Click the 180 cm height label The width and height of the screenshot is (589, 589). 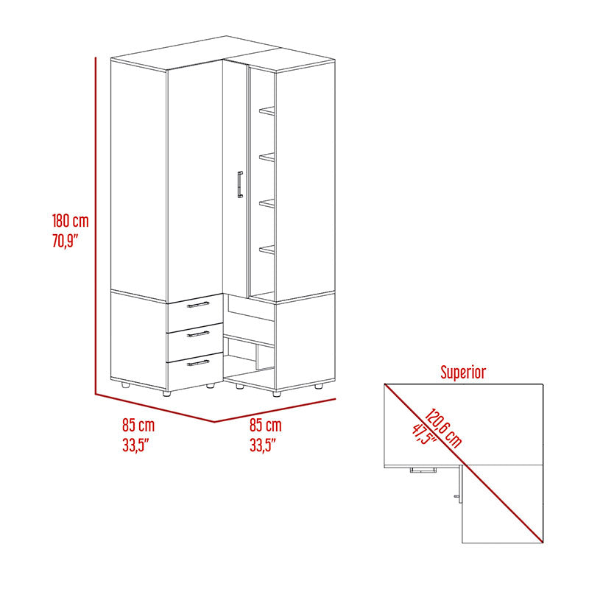pyautogui.click(x=70, y=221)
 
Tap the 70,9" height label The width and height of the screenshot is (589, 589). pyautogui.click(x=65, y=241)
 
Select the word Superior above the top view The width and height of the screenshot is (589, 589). pyautogui.click(x=463, y=373)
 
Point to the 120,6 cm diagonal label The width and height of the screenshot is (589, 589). pyautogui.click(x=443, y=428)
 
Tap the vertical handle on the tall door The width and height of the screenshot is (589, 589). pyautogui.click(x=240, y=185)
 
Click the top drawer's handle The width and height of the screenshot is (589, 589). pyautogui.click(x=198, y=304)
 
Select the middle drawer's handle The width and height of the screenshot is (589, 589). pyautogui.click(x=198, y=334)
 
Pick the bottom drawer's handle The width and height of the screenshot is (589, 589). pyautogui.click(x=198, y=363)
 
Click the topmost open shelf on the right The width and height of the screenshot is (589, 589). pyautogui.click(x=267, y=110)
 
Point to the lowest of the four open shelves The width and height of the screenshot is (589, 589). pyautogui.click(x=267, y=250)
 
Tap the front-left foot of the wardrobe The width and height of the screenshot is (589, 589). pyautogui.click(x=166, y=393)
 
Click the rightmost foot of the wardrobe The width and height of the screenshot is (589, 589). pyautogui.click(x=319, y=386)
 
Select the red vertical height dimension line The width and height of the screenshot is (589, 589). pyautogui.click(x=96, y=225)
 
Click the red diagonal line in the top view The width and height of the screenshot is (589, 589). pyautogui.click(x=464, y=463)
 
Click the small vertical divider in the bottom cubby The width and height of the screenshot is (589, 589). pyautogui.click(x=257, y=358)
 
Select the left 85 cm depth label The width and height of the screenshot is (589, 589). pyautogui.click(x=138, y=426)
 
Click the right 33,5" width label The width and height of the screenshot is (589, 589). pyautogui.click(x=263, y=445)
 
